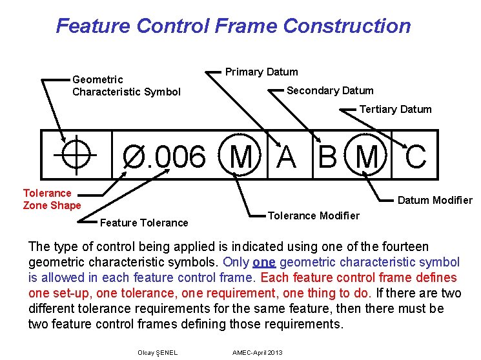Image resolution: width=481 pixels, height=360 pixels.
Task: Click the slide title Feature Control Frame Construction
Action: [233, 26]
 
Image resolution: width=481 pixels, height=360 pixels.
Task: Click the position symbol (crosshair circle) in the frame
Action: [75, 155]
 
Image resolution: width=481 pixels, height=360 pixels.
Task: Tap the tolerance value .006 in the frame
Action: [175, 157]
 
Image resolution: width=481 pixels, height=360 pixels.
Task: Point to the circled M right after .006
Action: [241, 156]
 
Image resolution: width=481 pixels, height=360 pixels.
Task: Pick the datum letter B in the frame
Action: [329, 156]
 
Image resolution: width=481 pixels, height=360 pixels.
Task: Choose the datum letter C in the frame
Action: [416, 156]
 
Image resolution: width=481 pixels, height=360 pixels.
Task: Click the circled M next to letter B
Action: [367, 156]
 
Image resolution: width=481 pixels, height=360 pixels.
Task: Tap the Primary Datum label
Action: [261, 72]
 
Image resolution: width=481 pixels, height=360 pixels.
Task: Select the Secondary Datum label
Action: [330, 90]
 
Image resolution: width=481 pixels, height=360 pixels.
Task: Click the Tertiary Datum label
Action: [395, 109]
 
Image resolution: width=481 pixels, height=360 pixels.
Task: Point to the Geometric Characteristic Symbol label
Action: [126, 86]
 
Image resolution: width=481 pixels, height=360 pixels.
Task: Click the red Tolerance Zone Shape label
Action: [52, 199]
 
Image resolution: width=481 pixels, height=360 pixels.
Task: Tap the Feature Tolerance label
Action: [144, 223]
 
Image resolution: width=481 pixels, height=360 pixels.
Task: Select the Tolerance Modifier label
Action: [313, 215]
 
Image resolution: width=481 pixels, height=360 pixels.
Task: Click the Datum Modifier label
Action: [435, 200]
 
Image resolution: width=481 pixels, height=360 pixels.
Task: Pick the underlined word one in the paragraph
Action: [266, 263]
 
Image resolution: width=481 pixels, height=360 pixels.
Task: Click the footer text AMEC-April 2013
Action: [257, 352]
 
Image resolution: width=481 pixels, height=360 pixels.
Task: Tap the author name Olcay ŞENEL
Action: [158, 352]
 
